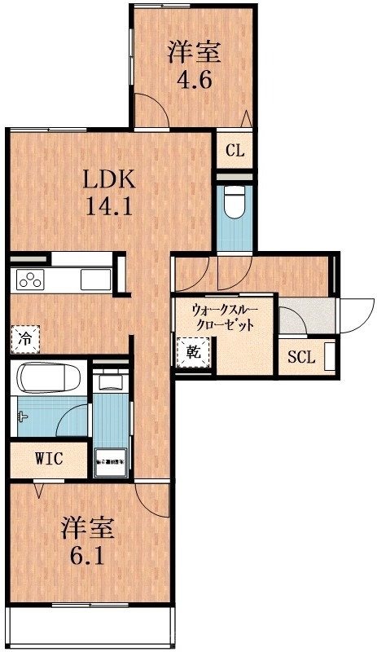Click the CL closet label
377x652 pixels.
(235, 151)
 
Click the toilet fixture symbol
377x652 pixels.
(235, 201)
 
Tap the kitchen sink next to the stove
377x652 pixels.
(94, 280)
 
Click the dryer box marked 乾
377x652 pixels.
(192, 352)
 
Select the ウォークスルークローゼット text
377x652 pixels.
(222, 316)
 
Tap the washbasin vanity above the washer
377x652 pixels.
(110, 381)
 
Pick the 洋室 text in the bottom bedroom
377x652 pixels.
(88, 528)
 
